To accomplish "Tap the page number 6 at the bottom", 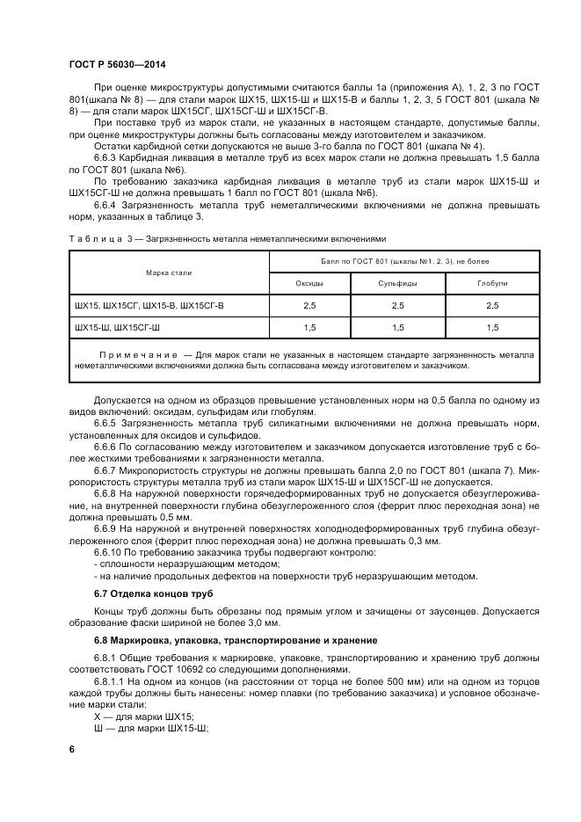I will pyautogui.click(x=71, y=748).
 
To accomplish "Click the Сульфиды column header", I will pyautogui.click(x=397, y=283).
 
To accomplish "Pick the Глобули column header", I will pyautogui.click(x=491, y=283).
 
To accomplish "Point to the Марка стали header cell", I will pyautogui.click(x=169, y=273).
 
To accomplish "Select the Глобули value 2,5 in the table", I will pyautogui.click(x=491, y=305).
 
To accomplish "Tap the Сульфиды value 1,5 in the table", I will pyautogui.click(x=397, y=327).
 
